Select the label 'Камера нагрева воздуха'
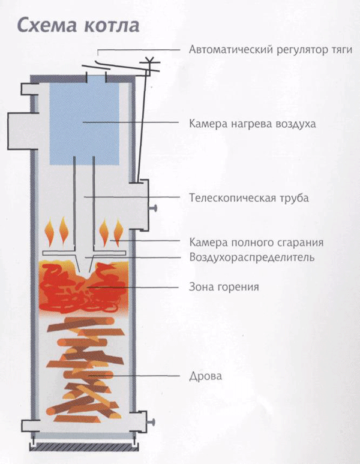pyautogui.click(x=252, y=124)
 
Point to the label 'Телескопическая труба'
pyautogui.click(x=248, y=197)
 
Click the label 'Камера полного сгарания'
pyautogui.click(x=256, y=243)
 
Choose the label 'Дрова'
pyautogui.click(x=205, y=376)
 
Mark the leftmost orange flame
pyautogui.click(x=49, y=230)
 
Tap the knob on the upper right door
pyautogui.click(x=155, y=208)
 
